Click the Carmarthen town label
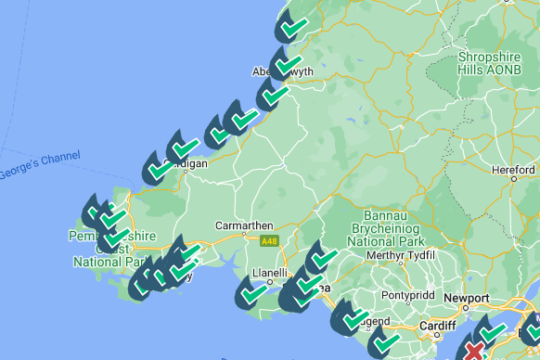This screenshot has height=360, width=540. click(x=244, y=225)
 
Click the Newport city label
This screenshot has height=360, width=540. click(x=467, y=298)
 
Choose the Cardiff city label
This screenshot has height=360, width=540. click(x=436, y=326)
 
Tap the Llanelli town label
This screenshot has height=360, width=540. click(x=271, y=275)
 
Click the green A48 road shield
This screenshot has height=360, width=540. click(x=269, y=241)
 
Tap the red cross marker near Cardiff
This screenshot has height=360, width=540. click(x=474, y=351)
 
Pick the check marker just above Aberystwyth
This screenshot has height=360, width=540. click(x=288, y=61)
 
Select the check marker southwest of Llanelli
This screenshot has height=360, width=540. click(x=252, y=293)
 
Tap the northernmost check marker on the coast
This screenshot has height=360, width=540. click(x=293, y=27)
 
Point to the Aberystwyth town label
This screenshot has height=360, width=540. click(x=285, y=72)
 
